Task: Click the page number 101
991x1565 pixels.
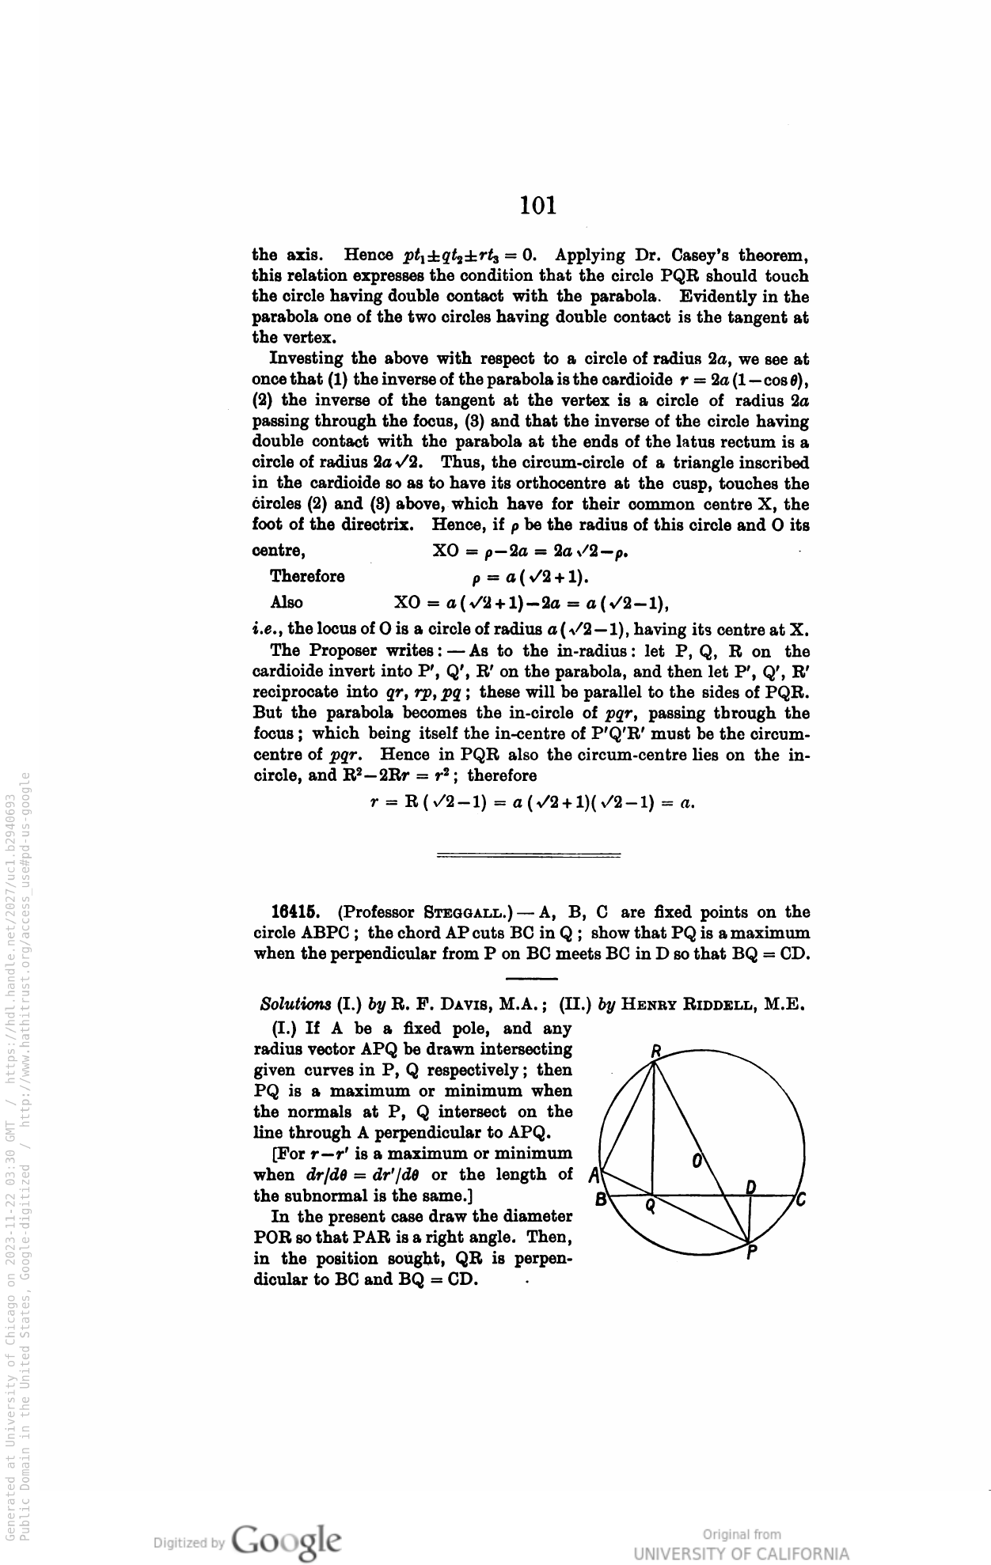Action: coord(538,206)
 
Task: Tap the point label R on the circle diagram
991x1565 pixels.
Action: coord(655,1052)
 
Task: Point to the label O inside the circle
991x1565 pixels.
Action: coord(697,1161)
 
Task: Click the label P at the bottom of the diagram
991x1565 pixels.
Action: coord(751,1253)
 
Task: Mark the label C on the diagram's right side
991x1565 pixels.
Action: coord(801,1201)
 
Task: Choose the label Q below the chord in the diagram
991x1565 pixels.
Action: coord(650,1207)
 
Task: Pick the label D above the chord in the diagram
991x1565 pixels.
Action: coord(752,1186)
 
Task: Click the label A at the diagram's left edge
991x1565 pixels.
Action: coord(594,1174)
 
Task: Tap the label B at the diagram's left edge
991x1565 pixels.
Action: coord(602,1199)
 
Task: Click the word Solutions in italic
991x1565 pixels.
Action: coord(295,1006)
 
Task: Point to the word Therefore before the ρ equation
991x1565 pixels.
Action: coord(307,576)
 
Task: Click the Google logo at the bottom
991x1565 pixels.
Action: coord(287,1540)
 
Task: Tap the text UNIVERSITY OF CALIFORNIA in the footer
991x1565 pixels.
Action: coord(742,1552)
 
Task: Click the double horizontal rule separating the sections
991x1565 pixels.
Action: coord(529,854)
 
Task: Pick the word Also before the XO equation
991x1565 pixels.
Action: coord(287,603)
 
